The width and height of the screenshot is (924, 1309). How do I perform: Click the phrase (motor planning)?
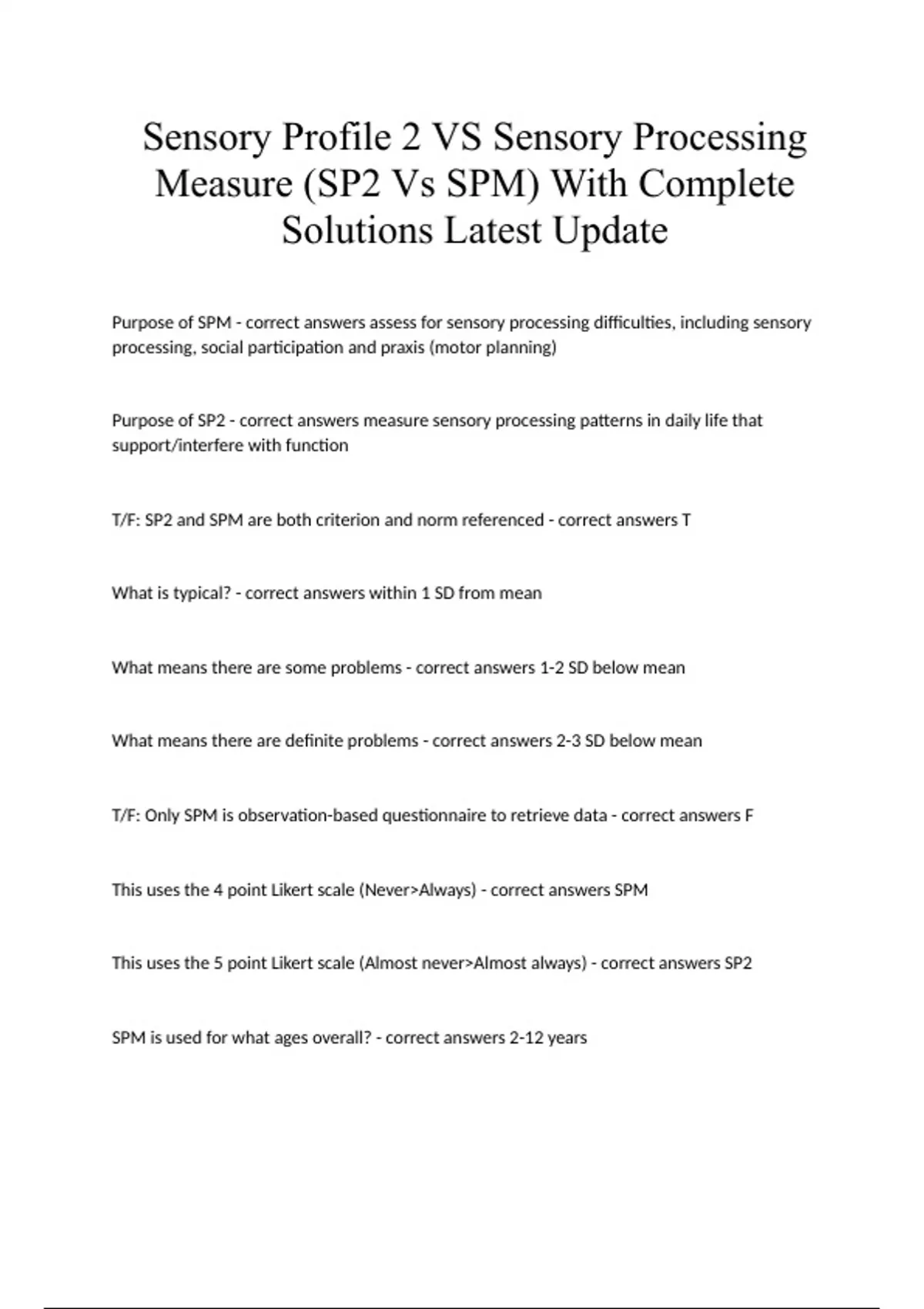pyautogui.click(x=493, y=347)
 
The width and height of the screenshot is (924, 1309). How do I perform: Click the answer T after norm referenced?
pyautogui.click(x=686, y=520)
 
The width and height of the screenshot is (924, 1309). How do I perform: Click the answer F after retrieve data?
pyautogui.click(x=748, y=815)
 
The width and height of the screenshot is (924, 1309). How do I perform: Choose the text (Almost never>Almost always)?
pyautogui.click(x=473, y=963)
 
